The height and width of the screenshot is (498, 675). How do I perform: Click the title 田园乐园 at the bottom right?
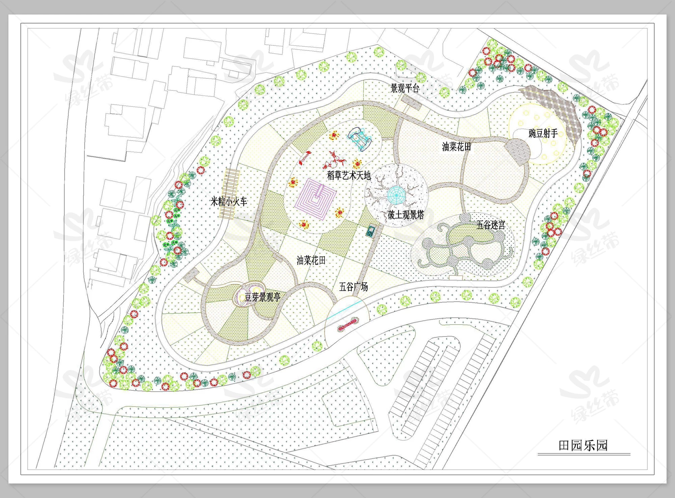pos(583,445)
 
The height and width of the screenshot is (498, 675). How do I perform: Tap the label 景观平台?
pos(405,88)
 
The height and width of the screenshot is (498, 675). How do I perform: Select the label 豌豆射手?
pos(543,133)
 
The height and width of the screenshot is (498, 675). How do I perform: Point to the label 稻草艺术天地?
pos(349,176)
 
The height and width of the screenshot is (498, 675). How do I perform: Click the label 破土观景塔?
pos(406,215)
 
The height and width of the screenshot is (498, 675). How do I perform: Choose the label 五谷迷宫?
pos(491,225)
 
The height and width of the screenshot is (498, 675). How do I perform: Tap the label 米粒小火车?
pos(229,202)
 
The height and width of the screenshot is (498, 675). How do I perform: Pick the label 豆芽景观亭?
pos(263,297)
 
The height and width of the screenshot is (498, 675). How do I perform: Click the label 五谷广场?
pos(353,287)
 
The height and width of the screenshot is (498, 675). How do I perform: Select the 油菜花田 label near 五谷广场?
pos(311,260)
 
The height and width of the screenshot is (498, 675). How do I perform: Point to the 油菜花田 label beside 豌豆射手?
pos(456,147)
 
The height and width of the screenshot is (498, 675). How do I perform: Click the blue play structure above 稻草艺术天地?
pos(360,139)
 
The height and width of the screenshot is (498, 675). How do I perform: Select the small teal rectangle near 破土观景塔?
pos(371,231)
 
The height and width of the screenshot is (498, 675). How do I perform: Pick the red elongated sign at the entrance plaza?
pos(348,324)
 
